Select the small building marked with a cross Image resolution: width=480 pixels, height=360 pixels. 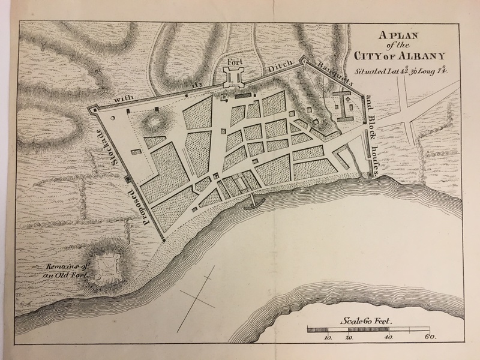pyautogui.click(x=225, y=96)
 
